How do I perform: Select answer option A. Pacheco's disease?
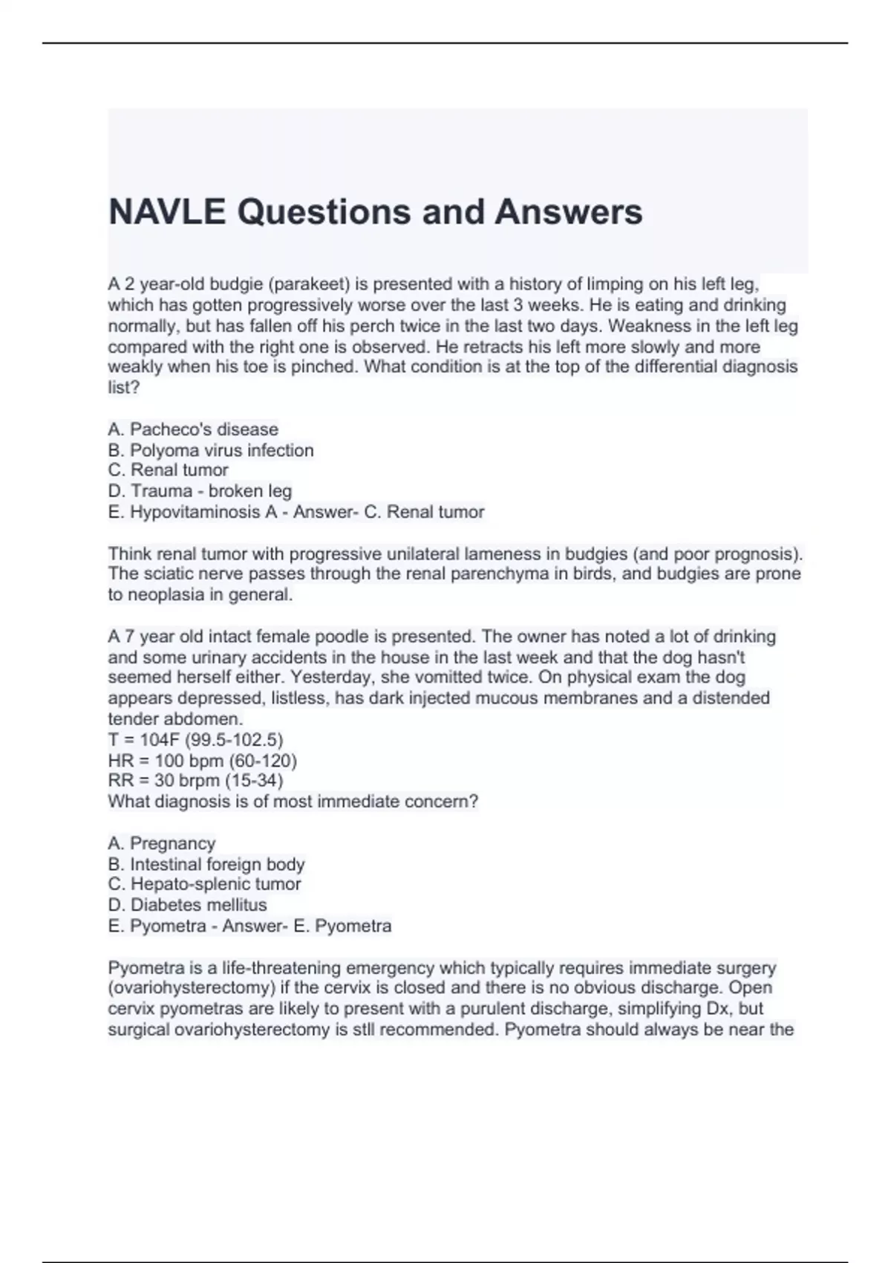coord(193,429)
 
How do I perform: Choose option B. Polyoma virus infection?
coord(211,450)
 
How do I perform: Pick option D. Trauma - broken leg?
coord(200,491)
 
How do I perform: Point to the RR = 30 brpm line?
coord(195,781)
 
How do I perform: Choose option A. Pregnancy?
coord(162,843)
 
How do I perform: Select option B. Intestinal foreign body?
coord(206,864)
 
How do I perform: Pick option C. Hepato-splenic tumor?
coord(204,884)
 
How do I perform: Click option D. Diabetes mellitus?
coord(187,905)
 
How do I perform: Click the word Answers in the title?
coord(568,212)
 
